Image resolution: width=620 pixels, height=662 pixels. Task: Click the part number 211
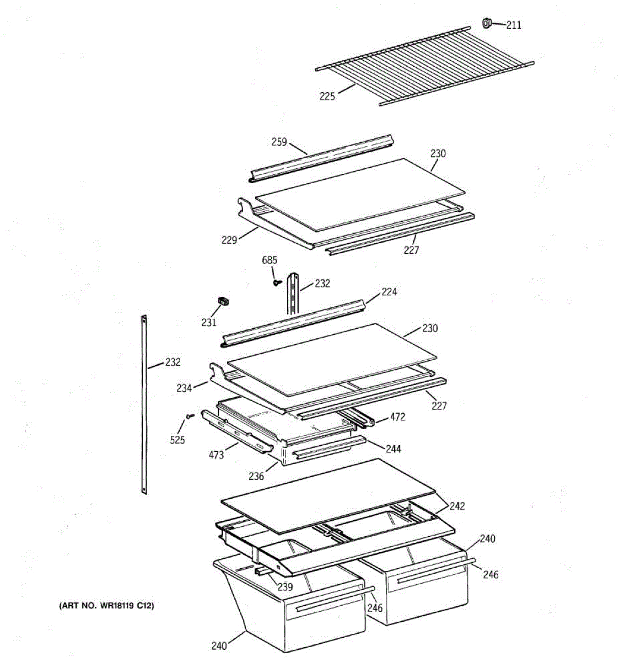(x=514, y=25)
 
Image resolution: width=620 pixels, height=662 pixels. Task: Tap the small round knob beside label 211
(x=487, y=23)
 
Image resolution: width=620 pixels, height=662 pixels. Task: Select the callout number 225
(x=327, y=97)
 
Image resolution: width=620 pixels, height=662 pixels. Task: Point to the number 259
(x=279, y=142)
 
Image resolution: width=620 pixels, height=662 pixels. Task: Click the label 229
(x=229, y=240)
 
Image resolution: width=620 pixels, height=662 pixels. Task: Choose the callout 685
(x=269, y=260)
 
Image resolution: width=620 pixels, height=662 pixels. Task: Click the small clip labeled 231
(x=223, y=301)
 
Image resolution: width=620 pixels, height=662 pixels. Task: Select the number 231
(x=209, y=323)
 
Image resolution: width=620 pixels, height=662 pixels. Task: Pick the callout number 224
(x=389, y=292)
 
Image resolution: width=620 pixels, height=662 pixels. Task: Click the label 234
(x=184, y=388)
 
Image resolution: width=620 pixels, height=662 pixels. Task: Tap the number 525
(x=177, y=440)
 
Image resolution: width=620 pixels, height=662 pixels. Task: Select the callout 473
(x=216, y=455)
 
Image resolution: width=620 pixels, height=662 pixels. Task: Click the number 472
(x=397, y=417)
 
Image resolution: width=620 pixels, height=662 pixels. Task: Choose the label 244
(x=393, y=449)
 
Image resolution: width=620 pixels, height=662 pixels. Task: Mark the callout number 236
(x=256, y=476)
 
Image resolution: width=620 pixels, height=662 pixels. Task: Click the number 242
(x=457, y=506)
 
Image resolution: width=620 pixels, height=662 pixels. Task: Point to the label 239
(x=285, y=587)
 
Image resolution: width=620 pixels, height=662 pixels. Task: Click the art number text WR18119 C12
(x=106, y=606)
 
